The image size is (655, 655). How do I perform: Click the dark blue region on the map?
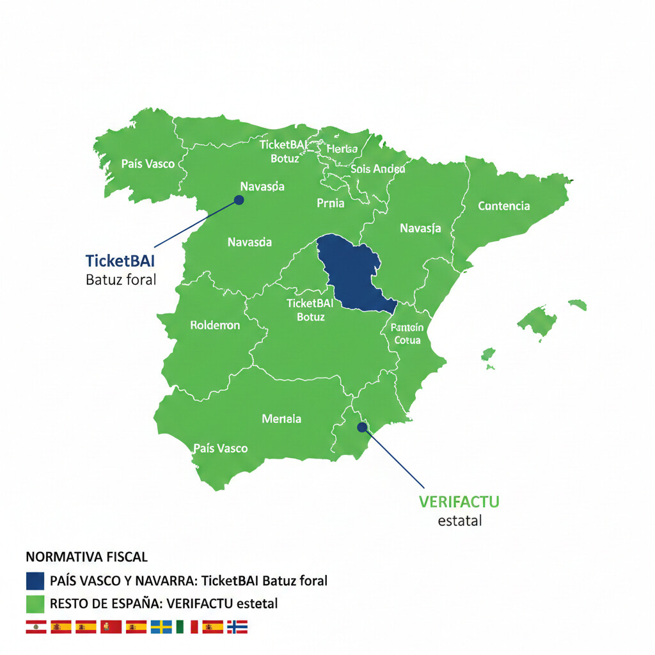click(x=349, y=272)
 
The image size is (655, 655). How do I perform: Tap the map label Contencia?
click(x=504, y=206)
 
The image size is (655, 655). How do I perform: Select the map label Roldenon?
click(x=215, y=326)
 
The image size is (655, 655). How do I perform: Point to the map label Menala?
click(x=281, y=419)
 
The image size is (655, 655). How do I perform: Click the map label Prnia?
click(x=330, y=203)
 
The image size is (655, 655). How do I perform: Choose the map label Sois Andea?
click(x=377, y=169)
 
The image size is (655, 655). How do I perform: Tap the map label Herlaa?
click(x=342, y=149)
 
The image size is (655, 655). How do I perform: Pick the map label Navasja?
click(x=420, y=228)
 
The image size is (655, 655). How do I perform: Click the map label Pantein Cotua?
click(x=407, y=333)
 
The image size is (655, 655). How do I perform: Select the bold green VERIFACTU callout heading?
click(x=459, y=501)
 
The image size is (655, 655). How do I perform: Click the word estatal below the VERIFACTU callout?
click(x=459, y=521)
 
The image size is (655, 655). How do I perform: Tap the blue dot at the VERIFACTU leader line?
click(x=361, y=427)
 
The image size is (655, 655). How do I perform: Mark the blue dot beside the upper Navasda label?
click(x=239, y=200)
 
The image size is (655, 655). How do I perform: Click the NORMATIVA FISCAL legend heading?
click(x=86, y=557)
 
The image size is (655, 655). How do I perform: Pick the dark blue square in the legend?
click(x=35, y=581)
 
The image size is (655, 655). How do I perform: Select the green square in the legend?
click(x=35, y=604)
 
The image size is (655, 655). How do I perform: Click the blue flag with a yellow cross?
click(x=161, y=627)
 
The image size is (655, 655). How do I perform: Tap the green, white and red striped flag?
click(x=187, y=627)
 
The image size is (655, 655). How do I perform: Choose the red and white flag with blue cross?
click(x=237, y=627)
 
